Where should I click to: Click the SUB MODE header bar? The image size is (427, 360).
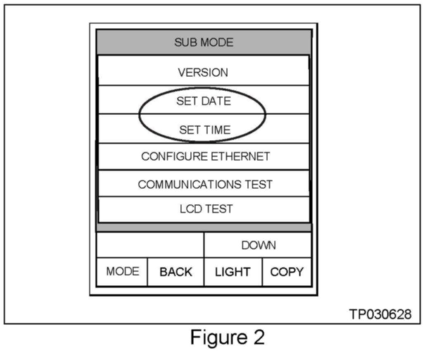[203, 42]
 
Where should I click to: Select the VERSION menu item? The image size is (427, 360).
[203, 73]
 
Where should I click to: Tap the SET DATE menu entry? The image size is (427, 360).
[203, 101]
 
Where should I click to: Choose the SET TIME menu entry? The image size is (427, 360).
[205, 130]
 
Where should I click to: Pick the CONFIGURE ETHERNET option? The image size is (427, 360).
[205, 157]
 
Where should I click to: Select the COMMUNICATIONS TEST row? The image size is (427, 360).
[205, 184]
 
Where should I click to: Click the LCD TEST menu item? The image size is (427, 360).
[206, 209]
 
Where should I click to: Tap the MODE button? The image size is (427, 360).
[122, 272]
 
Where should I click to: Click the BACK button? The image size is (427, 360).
[176, 272]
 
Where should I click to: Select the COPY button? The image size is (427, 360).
[286, 272]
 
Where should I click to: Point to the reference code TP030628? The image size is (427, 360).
[380, 314]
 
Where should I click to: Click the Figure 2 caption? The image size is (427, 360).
[227, 338]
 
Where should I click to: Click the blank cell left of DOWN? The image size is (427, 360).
[150, 245]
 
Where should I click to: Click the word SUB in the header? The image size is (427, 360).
[184, 42]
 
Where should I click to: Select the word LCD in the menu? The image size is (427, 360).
[191, 209]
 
